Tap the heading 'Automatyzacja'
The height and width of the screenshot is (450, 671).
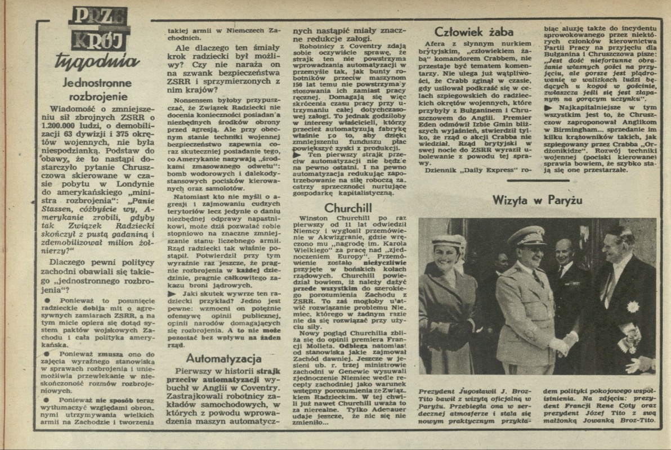(223, 358)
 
